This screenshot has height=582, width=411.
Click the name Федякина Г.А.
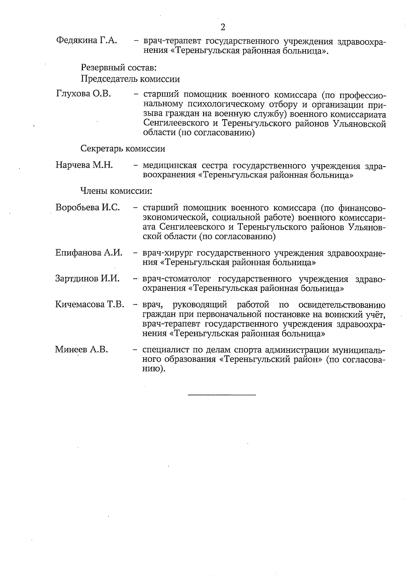pos(86,40)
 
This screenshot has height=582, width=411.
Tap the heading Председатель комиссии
pos(130,79)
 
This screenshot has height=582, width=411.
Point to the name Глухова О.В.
pos(83,94)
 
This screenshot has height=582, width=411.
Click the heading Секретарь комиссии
pos(123,149)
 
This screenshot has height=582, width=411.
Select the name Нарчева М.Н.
pos(84,166)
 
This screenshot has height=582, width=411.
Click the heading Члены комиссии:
pos(116,191)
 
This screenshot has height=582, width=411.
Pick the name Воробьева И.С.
pos(87,207)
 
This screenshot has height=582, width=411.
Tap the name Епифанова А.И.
pos(89,253)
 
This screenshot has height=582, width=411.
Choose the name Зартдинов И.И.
pos(87,278)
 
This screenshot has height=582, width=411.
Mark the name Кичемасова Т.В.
pos(89,304)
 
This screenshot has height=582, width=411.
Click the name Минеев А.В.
pos(82,350)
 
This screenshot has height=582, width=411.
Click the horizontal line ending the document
pos(222,395)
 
